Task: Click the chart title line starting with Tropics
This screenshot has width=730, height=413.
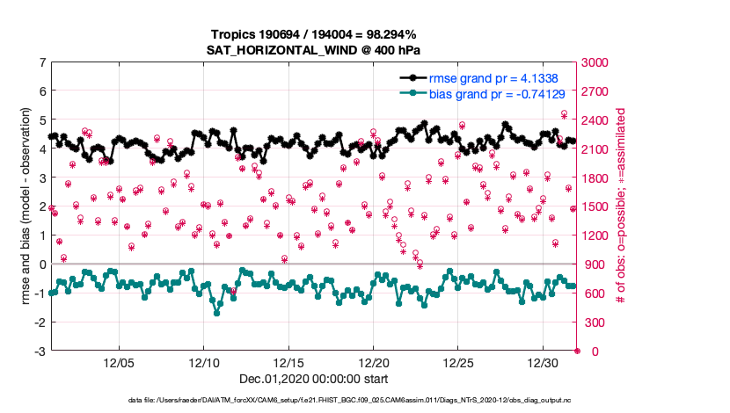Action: point(313,34)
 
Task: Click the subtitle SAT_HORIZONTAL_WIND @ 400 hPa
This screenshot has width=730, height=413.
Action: point(313,49)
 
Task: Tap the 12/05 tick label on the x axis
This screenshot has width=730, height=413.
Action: point(119,363)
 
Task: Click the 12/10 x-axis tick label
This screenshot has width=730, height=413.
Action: point(204,363)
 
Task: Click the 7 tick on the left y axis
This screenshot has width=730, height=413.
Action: point(42,62)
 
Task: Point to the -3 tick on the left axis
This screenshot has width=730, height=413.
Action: point(40,351)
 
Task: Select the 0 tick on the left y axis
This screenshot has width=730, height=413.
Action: point(42,264)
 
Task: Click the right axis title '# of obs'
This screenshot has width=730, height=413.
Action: point(621,206)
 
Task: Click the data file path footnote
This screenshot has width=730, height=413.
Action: point(313,402)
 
